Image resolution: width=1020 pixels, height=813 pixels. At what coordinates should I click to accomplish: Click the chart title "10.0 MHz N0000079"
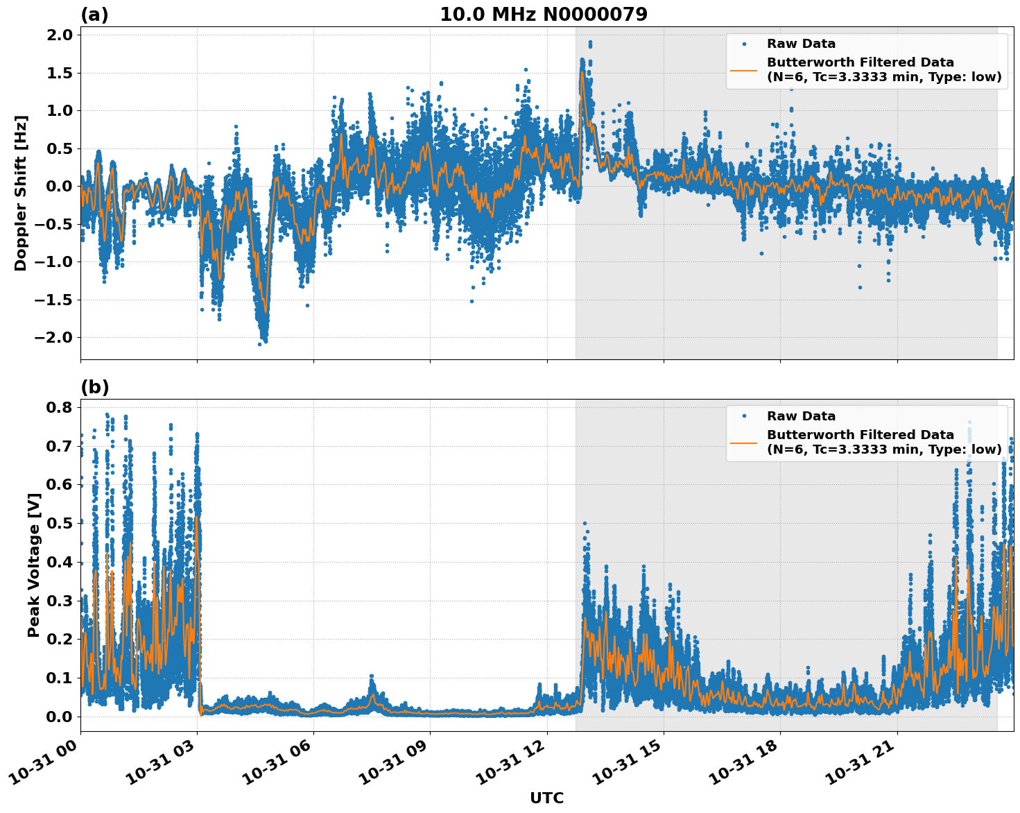point(543,15)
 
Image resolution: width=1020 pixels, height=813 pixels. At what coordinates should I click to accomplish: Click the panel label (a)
point(94,15)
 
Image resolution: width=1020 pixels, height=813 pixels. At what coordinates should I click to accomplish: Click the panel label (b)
point(94,387)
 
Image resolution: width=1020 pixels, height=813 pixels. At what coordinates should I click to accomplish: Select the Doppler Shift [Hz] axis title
point(21,193)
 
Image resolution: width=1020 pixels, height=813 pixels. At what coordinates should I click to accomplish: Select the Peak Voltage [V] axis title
point(33,565)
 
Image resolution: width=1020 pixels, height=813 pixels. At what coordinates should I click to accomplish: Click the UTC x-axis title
point(546,798)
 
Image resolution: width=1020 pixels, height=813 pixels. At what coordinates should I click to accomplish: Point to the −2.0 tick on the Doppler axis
point(55,338)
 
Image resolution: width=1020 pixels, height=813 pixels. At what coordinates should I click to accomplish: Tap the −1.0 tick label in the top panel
point(55,262)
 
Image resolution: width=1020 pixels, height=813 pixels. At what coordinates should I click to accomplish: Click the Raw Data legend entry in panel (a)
point(801,44)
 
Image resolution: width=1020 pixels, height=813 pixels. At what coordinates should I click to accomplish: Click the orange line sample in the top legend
point(744,69)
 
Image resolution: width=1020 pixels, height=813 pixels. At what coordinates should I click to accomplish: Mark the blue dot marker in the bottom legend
point(744,416)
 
